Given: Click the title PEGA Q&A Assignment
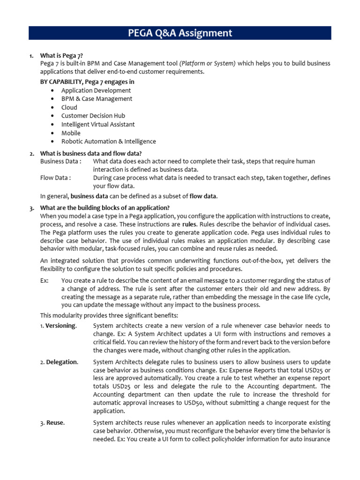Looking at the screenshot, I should pyautogui.click(x=180, y=33).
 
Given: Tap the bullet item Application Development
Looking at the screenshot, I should pyautogui.click(x=96, y=90).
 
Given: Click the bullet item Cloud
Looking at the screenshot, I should pyautogui.click(x=69, y=107).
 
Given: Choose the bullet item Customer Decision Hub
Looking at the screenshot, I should pyautogui.click(x=93, y=116).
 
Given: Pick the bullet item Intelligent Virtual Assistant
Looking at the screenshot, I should pyautogui.click(x=98, y=124).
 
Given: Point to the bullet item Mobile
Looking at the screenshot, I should pyautogui.click(x=71, y=133).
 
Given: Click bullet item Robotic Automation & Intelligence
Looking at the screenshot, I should pyautogui.click(x=109, y=142).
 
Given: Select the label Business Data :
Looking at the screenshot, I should pyautogui.click(x=60, y=161).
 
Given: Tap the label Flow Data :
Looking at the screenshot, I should pyautogui.click(x=56, y=178).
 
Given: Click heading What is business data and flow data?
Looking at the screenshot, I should pyautogui.click(x=91, y=153).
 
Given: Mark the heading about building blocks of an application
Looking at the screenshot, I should pyautogui.click(x=105, y=208).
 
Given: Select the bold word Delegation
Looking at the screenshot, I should pyautogui.click(x=62, y=362).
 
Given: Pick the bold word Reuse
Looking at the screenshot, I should pyautogui.click(x=55, y=423).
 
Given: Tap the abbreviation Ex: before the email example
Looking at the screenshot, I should pyautogui.click(x=45, y=281).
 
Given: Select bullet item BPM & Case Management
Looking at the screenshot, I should pyautogui.click(x=97, y=99).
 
